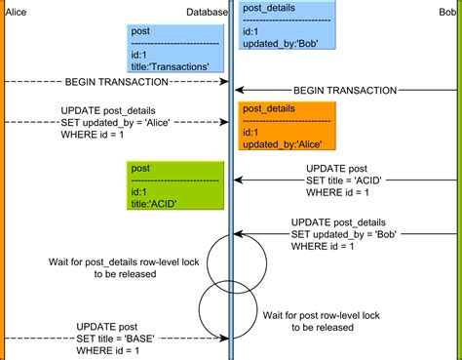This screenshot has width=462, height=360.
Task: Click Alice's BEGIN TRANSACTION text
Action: click(x=108, y=80)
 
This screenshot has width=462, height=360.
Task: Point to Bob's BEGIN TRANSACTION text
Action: click(x=345, y=90)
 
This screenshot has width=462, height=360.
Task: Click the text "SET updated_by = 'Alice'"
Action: click(x=108, y=122)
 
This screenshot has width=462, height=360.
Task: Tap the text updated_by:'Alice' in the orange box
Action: click(x=283, y=143)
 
